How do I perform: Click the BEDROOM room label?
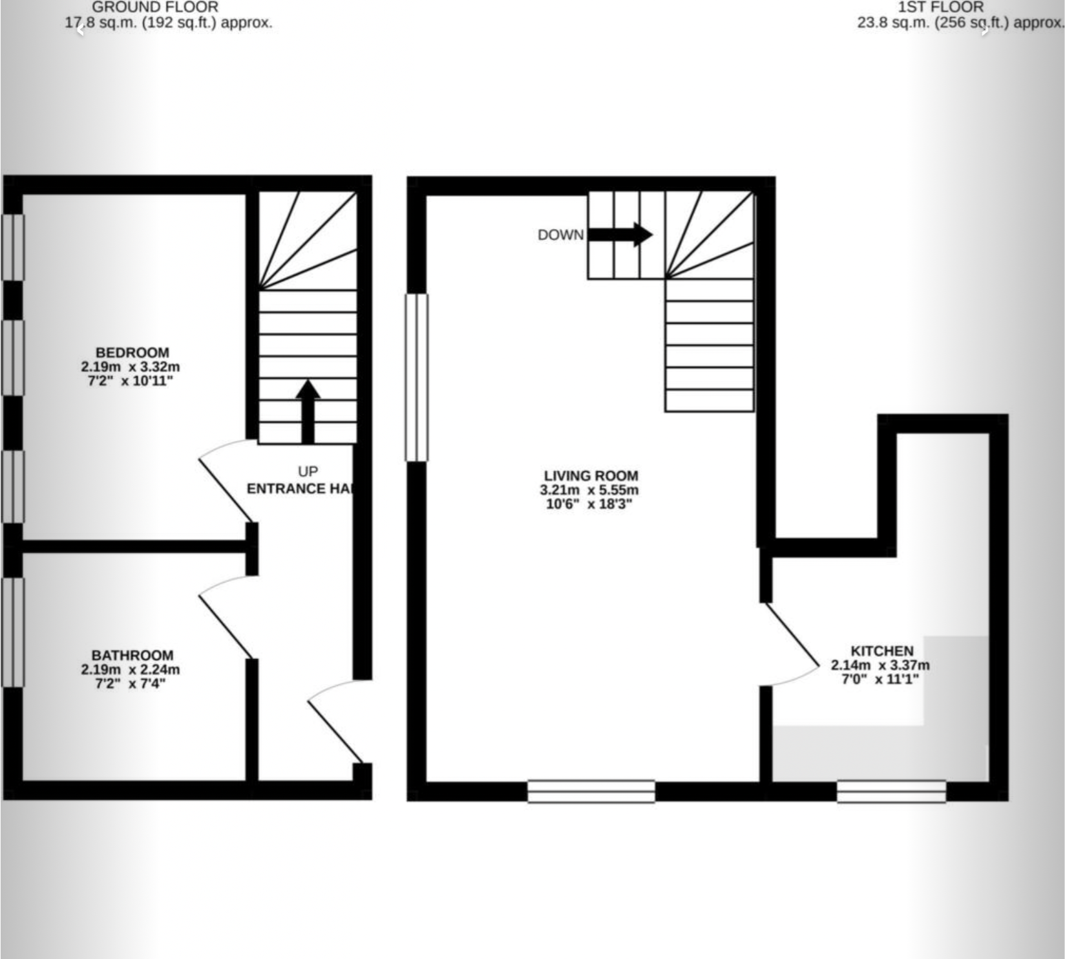pos(132,352)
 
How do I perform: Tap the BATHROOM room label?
pos(132,655)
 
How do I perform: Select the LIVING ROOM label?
pos(591,476)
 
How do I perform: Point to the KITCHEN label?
pos(881,651)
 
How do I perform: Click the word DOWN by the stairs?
pos(560,235)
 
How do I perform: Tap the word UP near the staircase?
pos(308,471)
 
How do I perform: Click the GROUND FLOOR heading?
pos(155,7)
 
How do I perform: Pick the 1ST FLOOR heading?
pos(940,7)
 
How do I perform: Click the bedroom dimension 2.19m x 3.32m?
pos(131,367)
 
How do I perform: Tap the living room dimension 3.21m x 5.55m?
pos(589,490)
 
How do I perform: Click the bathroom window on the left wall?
pos(13,632)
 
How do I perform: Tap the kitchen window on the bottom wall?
pos(891,792)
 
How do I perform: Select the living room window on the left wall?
pos(417,378)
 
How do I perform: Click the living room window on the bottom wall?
pos(591,792)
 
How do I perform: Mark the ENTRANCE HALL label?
pos(301,488)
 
